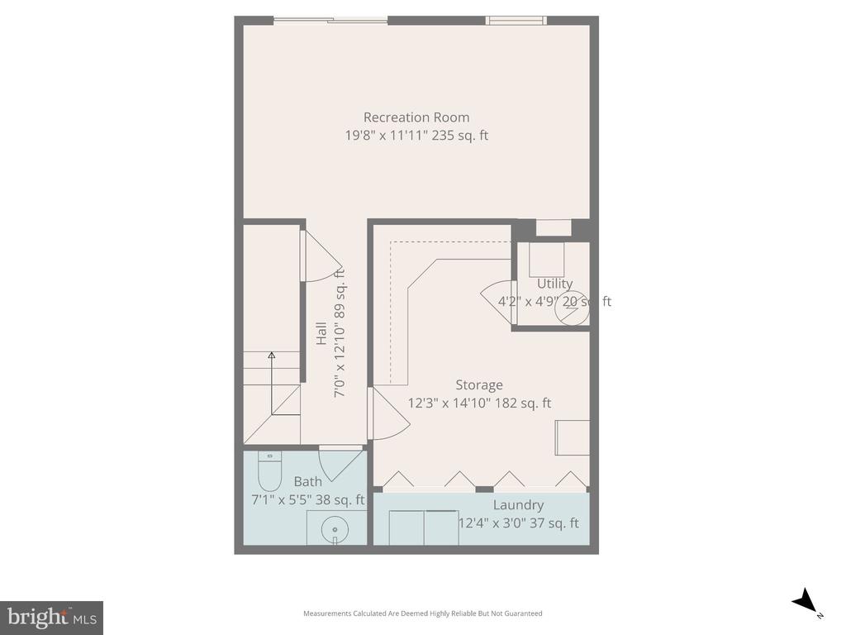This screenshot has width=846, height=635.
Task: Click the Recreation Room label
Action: pyautogui.click(x=416, y=117)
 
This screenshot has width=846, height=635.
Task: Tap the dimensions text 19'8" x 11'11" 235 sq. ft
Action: pyautogui.click(x=416, y=136)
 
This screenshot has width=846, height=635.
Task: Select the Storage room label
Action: pyautogui.click(x=478, y=385)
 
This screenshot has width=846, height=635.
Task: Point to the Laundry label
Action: pyautogui.click(x=518, y=505)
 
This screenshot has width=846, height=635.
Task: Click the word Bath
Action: pyautogui.click(x=307, y=482)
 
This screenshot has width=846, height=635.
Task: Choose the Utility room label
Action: pyautogui.click(x=554, y=284)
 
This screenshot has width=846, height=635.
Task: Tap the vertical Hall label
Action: pyautogui.click(x=321, y=334)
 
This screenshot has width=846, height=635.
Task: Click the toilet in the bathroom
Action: pyautogui.click(x=270, y=472)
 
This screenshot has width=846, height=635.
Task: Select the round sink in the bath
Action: pyautogui.click(x=335, y=527)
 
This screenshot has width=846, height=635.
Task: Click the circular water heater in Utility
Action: pyautogui.click(x=573, y=305)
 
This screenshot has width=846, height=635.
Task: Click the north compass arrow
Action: pyautogui.click(x=804, y=602)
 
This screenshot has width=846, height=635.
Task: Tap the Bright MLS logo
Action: pyautogui.click(x=51, y=617)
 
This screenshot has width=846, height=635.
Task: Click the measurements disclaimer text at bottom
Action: pyautogui.click(x=422, y=614)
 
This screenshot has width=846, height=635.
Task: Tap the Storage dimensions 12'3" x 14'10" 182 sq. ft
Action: pyautogui.click(x=479, y=403)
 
